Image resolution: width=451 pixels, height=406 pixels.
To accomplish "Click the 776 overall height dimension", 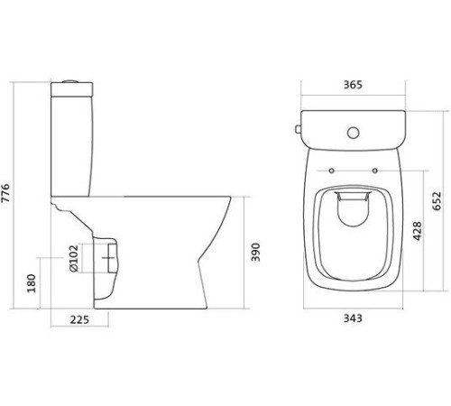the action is pos(6,193).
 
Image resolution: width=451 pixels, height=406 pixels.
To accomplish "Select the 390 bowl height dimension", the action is pos(255,252).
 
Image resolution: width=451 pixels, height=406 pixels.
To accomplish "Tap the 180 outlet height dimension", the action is pos(32,283).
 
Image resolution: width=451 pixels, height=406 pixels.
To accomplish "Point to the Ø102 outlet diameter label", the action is pos(74,258).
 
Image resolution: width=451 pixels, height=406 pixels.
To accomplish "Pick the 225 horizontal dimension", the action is pos(79,319).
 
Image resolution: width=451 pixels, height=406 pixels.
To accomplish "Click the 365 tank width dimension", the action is pos(353,85).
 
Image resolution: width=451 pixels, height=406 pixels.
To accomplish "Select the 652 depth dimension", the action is pos(437,201).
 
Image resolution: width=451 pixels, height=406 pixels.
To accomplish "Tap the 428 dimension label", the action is pos(417,231).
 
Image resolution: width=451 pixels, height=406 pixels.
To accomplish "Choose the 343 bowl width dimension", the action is pos(353,318).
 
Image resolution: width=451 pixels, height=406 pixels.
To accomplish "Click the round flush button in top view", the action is pos(354,133).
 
